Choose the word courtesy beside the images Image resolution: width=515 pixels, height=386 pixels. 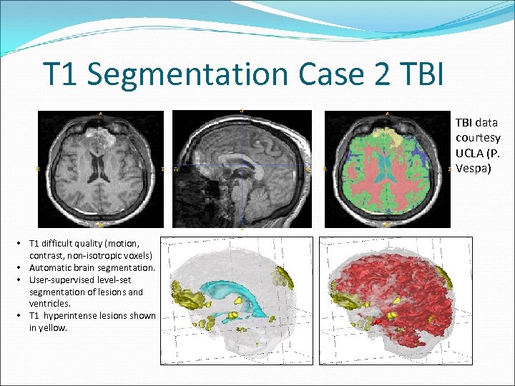tap(477, 137)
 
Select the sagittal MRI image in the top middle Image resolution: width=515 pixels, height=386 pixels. tap(241, 169)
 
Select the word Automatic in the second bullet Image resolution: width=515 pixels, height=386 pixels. tap(51, 267)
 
